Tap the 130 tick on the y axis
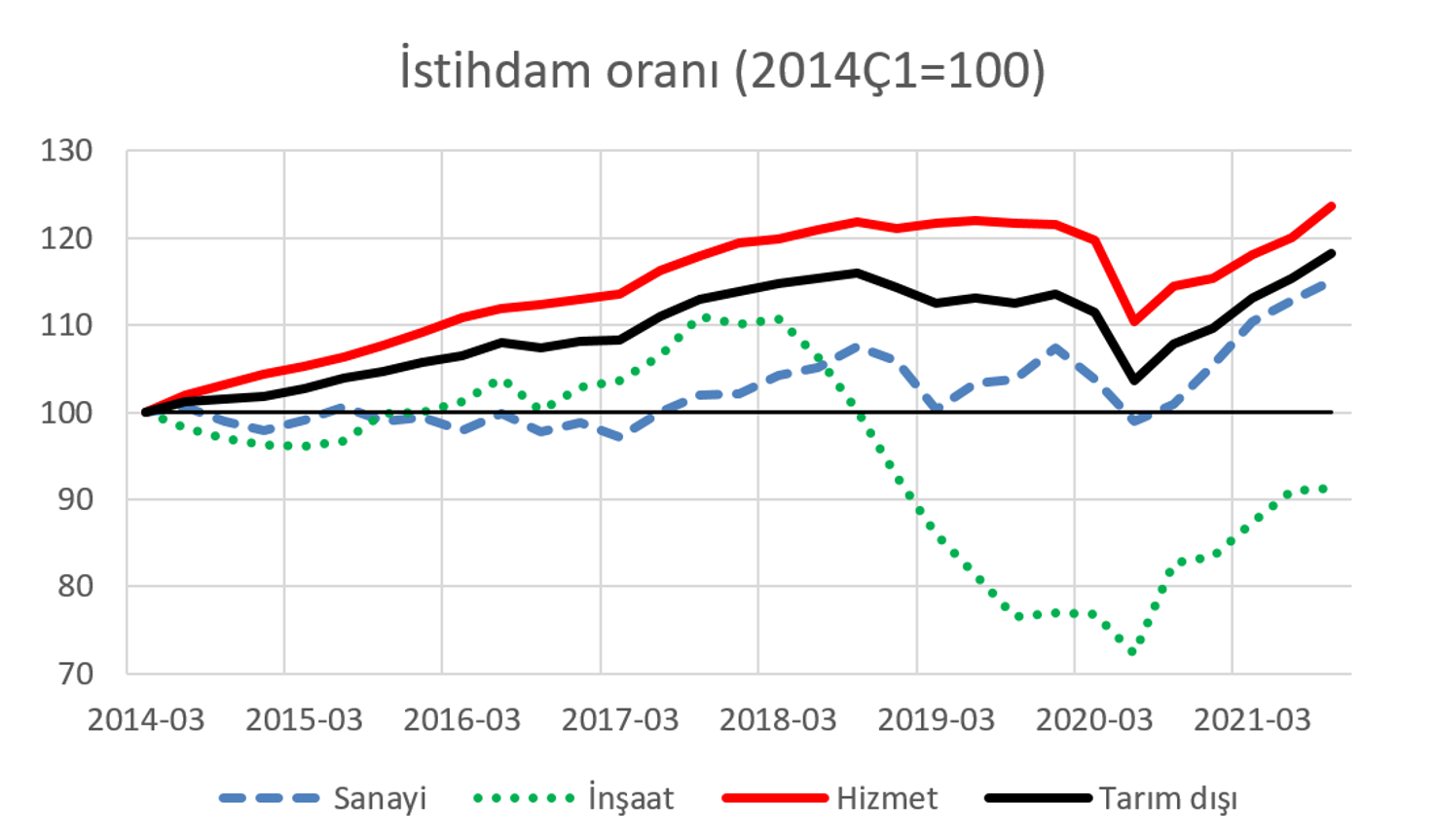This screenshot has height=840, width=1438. (67, 151)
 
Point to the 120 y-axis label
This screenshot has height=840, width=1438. (67, 238)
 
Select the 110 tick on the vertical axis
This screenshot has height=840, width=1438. (67, 325)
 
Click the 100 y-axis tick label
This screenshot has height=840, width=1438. (67, 413)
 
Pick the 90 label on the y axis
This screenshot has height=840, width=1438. (76, 499)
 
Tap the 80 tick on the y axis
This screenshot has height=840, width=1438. (76, 586)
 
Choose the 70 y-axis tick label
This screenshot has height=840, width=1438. (76, 674)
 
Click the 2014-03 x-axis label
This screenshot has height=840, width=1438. (146, 720)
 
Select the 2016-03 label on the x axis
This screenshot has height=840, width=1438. (461, 720)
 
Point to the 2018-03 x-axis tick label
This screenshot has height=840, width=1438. (778, 720)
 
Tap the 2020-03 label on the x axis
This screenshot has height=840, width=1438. (1094, 720)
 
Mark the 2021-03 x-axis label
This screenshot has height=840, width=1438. (1252, 720)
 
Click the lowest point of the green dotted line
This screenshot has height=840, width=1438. (1132, 652)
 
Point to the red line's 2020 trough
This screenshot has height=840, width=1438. (1134, 322)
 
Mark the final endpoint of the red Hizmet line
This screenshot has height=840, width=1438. (1332, 206)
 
